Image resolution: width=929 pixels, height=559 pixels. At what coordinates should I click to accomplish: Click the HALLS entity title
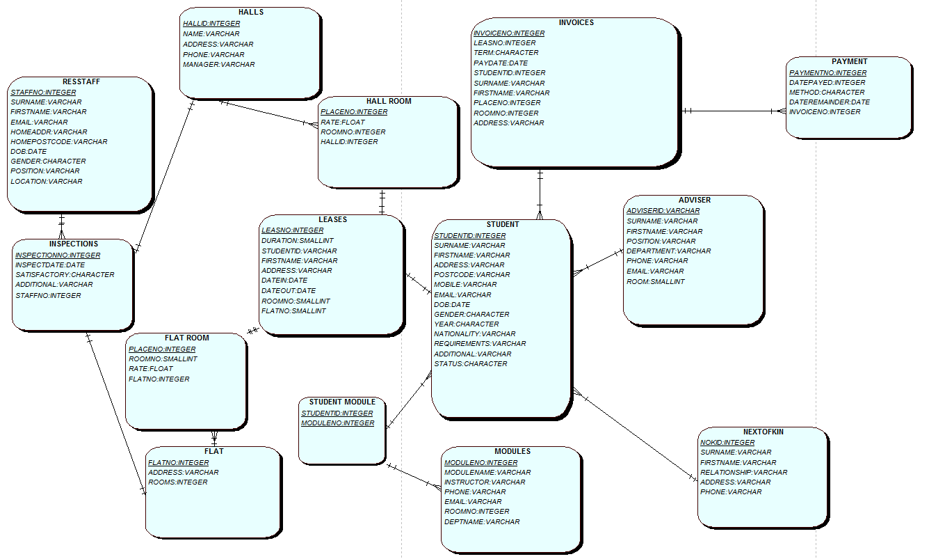click(x=250, y=13)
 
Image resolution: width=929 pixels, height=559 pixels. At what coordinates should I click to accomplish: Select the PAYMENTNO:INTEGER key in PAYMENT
click(x=827, y=72)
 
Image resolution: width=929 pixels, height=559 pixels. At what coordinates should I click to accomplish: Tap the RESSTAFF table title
click(x=81, y=82)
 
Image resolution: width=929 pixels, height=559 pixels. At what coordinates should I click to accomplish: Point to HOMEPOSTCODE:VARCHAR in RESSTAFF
click(x=59, y=142)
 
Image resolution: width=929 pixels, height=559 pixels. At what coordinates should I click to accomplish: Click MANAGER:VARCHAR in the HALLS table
click(x=218, y=65)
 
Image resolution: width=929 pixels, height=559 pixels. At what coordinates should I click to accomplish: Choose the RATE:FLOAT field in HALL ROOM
click(x=342, y=122)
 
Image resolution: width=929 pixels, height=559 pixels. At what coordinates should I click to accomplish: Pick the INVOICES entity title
click(x=576, y=23)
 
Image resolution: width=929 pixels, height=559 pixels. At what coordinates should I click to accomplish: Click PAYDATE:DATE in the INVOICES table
click(x=501, y=63)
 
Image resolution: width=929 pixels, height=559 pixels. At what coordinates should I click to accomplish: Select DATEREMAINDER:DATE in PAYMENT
click(x=829, y=102)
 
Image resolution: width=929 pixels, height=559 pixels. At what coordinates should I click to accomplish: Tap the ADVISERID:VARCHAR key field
click(x=663, y=211)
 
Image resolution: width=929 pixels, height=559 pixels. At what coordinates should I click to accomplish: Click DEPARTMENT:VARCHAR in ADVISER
click(x=668, y=251)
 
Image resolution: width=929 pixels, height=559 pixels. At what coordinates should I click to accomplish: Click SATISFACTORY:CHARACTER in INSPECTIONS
click(x=65, y=275)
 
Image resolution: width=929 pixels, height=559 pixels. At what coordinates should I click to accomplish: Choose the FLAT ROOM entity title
click(x=186, y=338)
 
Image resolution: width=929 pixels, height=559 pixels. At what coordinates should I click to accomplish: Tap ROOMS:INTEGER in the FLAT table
click(x=177, y=482)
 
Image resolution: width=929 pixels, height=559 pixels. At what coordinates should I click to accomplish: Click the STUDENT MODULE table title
click(x=342, y=402)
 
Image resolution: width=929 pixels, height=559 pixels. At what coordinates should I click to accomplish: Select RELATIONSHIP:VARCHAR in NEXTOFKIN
click(x=743, y=473)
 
